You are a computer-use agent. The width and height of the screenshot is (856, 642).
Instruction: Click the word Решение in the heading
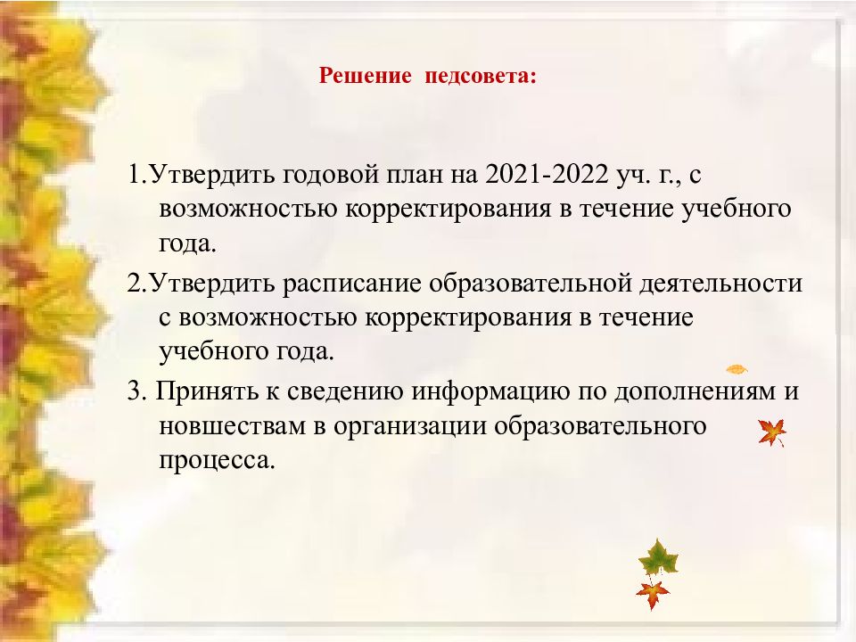click(x=365, y=76)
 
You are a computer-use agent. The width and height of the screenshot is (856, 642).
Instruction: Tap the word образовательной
click(x=530, y=284)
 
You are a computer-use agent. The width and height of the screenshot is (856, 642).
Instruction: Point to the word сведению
click(x=345, y=392)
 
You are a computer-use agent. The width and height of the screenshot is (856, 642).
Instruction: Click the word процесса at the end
click(x=216, y=461)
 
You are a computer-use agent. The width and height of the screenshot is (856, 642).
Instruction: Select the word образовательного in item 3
click(x=600, y=426)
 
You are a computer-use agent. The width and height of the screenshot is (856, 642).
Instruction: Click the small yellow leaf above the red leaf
click(x=737, y=369)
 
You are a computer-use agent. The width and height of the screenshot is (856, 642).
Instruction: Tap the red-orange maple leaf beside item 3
click(x=772, y=433)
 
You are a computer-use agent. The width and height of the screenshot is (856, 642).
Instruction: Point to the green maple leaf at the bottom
click(x=658, y=558)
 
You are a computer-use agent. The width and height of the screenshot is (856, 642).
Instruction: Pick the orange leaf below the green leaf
click(x=653, y=594)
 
